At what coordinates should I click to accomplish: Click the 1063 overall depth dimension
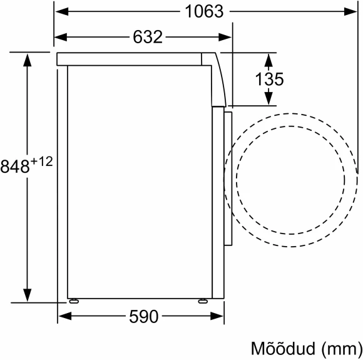204,11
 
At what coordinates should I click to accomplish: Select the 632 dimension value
147,37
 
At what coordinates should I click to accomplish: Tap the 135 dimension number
270,80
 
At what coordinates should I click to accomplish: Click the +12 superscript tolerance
41,162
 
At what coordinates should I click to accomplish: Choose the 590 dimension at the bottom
143,317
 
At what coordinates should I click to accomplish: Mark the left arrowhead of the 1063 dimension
61,11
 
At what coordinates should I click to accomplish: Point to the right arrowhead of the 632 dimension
226,37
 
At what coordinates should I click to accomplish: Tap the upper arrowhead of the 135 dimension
268,59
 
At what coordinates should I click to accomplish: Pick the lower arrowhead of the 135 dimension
268,99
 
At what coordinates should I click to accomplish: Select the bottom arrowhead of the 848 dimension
27,295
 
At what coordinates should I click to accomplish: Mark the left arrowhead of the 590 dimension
64,317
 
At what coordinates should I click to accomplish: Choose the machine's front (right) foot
202,300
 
